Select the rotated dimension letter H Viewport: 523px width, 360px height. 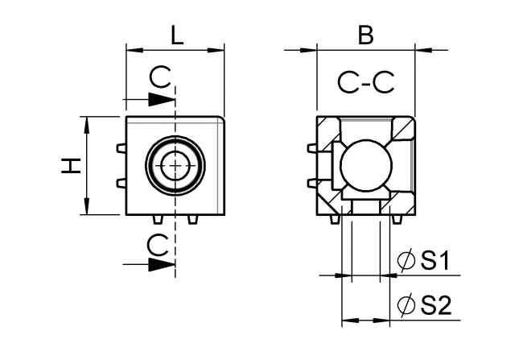(x=72, y=166)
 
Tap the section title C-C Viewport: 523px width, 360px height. (x=365, y=82)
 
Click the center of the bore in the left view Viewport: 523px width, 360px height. (x=174, y=166)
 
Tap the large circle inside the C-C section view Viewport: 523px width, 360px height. (x=365, y=165)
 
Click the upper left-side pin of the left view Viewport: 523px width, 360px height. (x=121, y=148)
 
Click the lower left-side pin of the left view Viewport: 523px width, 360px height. (x=121, y=183)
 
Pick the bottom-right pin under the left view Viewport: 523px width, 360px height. (x=192, y=220)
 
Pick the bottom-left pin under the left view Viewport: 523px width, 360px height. (x=155, y=220)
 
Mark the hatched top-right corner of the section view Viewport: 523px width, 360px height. (x=402, y=129)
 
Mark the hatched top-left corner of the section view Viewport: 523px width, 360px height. (x=328, y=129)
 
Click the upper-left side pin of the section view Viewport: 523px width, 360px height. (x=312, y=148)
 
